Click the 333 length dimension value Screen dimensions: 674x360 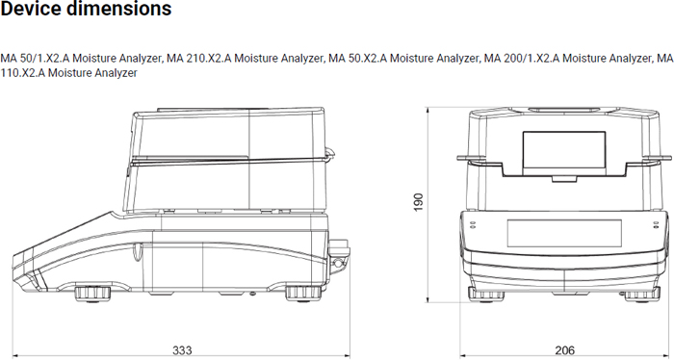pyautogui.click(x=182, y=350)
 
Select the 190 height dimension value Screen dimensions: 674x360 pyautogui.click(x=418, y=202)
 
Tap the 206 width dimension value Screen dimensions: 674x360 pyautogui.click(x=565, y=350)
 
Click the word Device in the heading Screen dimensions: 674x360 pyautogui.click(x=35, y=8)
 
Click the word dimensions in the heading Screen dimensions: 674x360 pyautogui.click(x=122, y=8)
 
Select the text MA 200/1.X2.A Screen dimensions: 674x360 pyautogui.click(x=522, y=58)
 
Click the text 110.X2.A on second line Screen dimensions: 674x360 pyautogui.click(x=23, y=73)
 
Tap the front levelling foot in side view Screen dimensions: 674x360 pyautogui.click(x=92, y=294)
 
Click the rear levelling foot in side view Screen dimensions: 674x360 pyautogui.click(x=303, y=294)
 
